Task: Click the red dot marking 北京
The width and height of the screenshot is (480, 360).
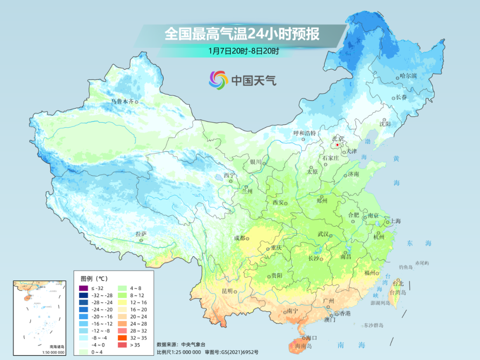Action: tap(337, 145)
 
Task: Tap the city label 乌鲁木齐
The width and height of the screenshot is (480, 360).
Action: tap(122, 102)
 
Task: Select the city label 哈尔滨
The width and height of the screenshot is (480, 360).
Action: tap(408, 76)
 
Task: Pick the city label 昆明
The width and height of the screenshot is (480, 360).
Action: tap(227, 291)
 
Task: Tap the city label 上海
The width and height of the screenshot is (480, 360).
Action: tap(395, 221)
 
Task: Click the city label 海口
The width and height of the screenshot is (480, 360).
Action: tap(311, 338)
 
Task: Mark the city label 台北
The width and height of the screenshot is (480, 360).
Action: tap(398, 284)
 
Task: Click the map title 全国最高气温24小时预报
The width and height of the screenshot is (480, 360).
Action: tap(242, 34)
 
